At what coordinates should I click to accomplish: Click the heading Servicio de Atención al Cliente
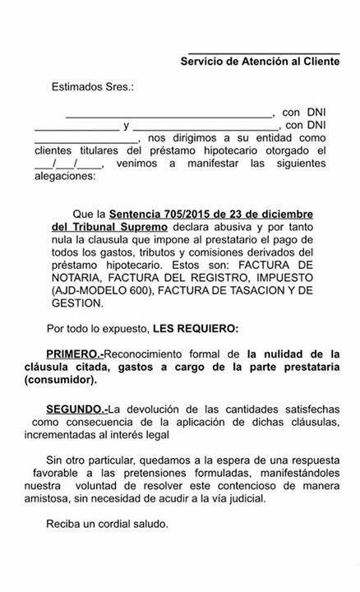(260, 61)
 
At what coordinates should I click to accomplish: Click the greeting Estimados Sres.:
(92, 86)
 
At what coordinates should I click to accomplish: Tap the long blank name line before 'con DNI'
(169, 114)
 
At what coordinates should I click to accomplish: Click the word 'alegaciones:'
(64, 176)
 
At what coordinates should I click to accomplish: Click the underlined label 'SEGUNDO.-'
(76, 409)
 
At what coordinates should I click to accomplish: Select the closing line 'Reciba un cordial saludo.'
(107, 525)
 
